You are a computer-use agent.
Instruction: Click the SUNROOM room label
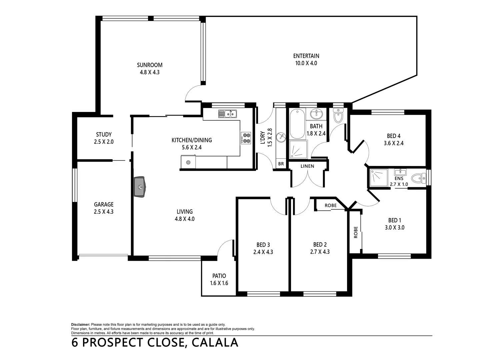click(150, 65)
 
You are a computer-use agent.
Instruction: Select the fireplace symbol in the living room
click(140, 187)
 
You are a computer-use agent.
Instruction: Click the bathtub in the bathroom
click(297, 124)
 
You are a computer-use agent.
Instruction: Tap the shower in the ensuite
click(379, 178)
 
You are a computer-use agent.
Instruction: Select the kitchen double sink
click(227, 114)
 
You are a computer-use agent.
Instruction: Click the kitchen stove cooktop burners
click(246, 138)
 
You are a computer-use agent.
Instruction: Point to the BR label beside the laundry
click(281, 164)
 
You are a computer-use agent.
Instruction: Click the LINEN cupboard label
click(307, 166)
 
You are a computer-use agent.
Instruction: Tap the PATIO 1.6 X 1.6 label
click(219, 276)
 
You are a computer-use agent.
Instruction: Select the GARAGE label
click(103, 204)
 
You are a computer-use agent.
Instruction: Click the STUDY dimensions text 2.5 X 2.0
click(104, 142)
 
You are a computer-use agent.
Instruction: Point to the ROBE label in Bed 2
click(330, 205)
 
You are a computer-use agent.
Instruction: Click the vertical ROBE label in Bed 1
click(356, 232)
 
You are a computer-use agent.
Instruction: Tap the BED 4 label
click(394, 136)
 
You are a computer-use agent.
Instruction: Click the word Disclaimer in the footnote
click(80, 324)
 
